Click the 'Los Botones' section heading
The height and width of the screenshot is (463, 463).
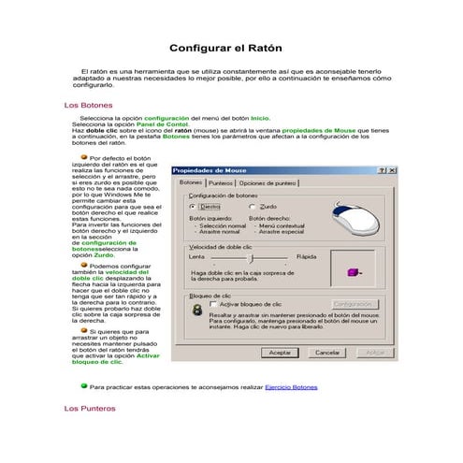[x=85, y=106]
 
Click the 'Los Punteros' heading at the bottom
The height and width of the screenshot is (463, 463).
[x=89, y=409]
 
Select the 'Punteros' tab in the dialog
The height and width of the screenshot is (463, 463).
[x=221, y=183]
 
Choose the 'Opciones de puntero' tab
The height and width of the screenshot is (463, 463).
[x=268, y=183]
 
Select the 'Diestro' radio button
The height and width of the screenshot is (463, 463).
[x=192, y=206]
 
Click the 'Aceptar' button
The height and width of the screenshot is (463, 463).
[x=281, y=353]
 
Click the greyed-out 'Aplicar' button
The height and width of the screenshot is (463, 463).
[x=373, y=353]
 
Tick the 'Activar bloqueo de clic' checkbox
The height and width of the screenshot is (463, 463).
[x=213, y=304]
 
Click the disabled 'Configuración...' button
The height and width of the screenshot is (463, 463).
[x=354, y=304]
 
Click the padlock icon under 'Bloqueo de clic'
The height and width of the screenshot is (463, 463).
[x=196, y=310]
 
